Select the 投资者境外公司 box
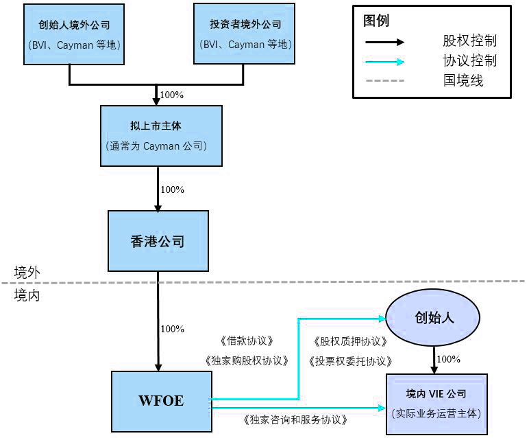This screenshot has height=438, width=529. pyautogui.click(x=245, y=35)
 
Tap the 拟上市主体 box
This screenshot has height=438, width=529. pyautogui.click(x=161, y=135)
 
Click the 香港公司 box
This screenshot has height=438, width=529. pyautogui.click(x=157, y=241)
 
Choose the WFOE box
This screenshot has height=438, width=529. pyautogui.click(x=161, y=401)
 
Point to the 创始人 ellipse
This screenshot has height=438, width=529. pyautogui.click(x=434, y=319)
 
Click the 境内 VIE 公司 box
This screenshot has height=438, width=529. pyautogui.click(x=436, y=404)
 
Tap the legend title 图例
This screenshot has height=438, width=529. pyautogui.click(x=376, y=21)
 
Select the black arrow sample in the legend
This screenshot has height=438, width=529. pyautogui.click(x=384, y=41)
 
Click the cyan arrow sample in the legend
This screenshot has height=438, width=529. pyautogui.click(x=384, y=62)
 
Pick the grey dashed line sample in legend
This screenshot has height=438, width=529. pyautogui.click(x=384, y=81)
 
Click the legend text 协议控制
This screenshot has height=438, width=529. pyautogui.click(x=469, y=61)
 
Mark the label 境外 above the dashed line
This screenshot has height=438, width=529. pyautogui.click(x=27, y=272)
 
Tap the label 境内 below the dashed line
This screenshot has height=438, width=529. pyautogui.click(x=27, y=295)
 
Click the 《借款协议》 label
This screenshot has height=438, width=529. pyautogui.click(x=247, y=341)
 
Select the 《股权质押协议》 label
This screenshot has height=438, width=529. pyautogui.click(x=350, y=341)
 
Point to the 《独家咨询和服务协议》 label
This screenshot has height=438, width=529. pyautogui.click(x=296, y=419)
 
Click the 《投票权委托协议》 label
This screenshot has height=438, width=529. pyautogui.click(x=350, y=361)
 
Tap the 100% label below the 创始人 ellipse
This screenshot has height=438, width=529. pyautogui.click(x=448, y=359)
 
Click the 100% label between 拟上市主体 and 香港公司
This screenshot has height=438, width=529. pyautogui.click(x=172, y=189)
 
